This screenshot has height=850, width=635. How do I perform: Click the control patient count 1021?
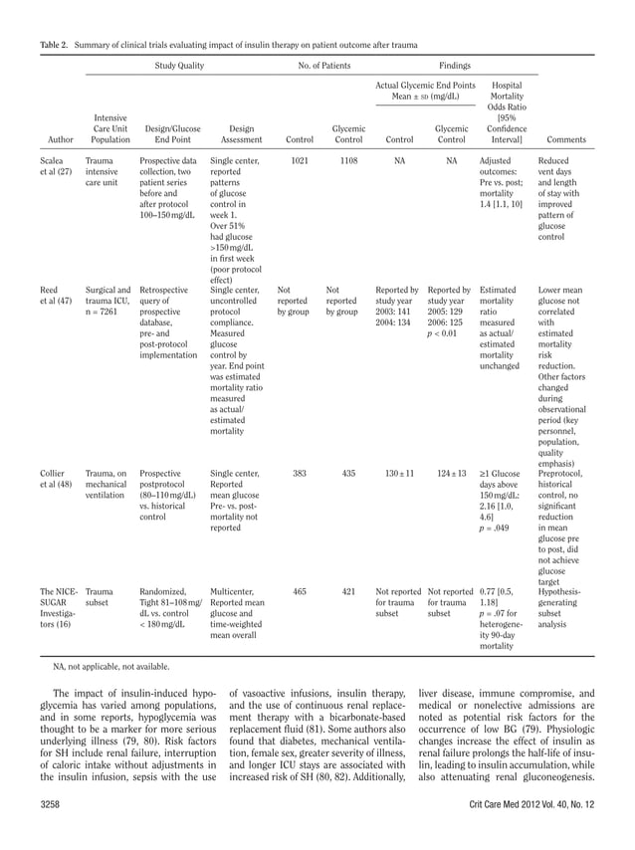pos(299,159)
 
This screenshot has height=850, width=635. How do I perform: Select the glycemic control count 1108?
pos(348,159)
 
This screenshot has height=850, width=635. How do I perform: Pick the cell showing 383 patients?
pos(299,474)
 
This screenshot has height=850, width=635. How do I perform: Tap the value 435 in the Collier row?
pos(348,474)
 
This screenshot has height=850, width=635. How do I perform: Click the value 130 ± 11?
pos(399,474)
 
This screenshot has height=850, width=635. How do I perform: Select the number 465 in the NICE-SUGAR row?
pos(299,591)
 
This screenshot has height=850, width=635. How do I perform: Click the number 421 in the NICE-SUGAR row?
pos(348,591)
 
